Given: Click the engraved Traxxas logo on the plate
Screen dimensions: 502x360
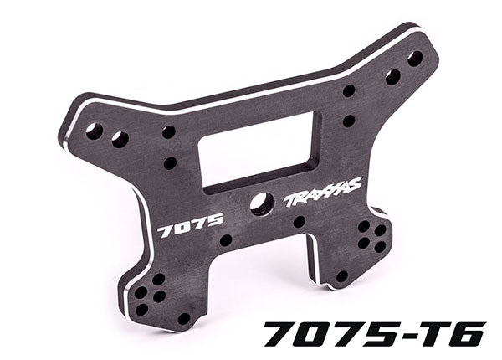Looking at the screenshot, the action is pyautogui.click(x=323, y=191).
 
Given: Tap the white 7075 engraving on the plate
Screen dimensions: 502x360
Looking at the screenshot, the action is pyautogui.click(x=190, y=225).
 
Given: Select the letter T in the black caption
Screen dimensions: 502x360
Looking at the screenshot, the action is pyautogui.click(x=428, y=334).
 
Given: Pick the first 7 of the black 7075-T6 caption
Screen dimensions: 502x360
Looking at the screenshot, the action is pyautogui.click(x=282, y=334).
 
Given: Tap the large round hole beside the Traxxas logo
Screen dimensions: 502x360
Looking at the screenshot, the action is pyautogui.click(x=263, y=203).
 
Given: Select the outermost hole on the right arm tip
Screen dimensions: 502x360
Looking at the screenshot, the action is pyautogui.click(x=415, y=59).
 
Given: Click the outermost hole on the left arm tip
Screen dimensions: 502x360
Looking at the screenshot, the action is pyautogui.click(x=95, y=131).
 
